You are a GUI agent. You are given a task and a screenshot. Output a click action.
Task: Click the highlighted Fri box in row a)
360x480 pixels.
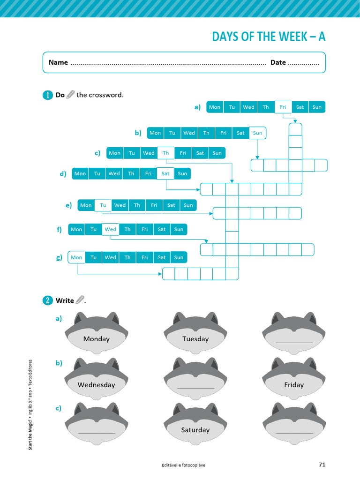pos(283,107)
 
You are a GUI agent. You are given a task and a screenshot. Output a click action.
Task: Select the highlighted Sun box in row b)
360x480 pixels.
pos(257,133)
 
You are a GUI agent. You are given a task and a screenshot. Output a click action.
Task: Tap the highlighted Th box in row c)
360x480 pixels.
pos(165,153)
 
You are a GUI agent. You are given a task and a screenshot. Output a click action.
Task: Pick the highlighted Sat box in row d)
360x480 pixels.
pos(165,173)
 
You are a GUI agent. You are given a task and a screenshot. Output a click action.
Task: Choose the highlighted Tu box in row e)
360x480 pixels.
pos(103,205)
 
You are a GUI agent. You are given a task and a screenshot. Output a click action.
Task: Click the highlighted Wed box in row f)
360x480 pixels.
pos(110,229)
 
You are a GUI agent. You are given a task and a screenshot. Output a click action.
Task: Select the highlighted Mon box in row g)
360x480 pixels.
pos(76,257)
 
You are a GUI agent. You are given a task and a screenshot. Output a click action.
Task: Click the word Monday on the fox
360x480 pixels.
pos(96,339)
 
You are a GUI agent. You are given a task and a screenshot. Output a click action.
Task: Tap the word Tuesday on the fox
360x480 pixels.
pos(195,339)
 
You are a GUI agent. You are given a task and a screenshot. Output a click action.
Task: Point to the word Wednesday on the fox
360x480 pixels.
pos(96,385)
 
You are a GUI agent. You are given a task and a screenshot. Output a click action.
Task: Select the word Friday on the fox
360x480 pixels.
pos(293,385)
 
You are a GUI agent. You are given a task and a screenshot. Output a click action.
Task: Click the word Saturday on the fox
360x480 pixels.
pos(195,430)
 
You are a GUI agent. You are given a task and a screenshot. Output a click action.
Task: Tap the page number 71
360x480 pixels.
pos(322,465)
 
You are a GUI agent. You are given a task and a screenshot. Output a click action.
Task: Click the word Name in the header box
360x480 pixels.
pos(58,62)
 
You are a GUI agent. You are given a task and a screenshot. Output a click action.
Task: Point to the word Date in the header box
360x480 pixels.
pos(278,62)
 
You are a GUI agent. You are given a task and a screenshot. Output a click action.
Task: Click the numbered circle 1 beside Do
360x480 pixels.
pos(48,95)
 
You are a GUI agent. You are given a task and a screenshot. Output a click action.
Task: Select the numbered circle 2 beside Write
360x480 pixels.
pos(48,300)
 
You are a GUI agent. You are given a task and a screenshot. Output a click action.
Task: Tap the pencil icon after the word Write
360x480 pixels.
pos(80,300)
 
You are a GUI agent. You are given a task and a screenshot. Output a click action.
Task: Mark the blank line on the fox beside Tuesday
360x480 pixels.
pos(294,342)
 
